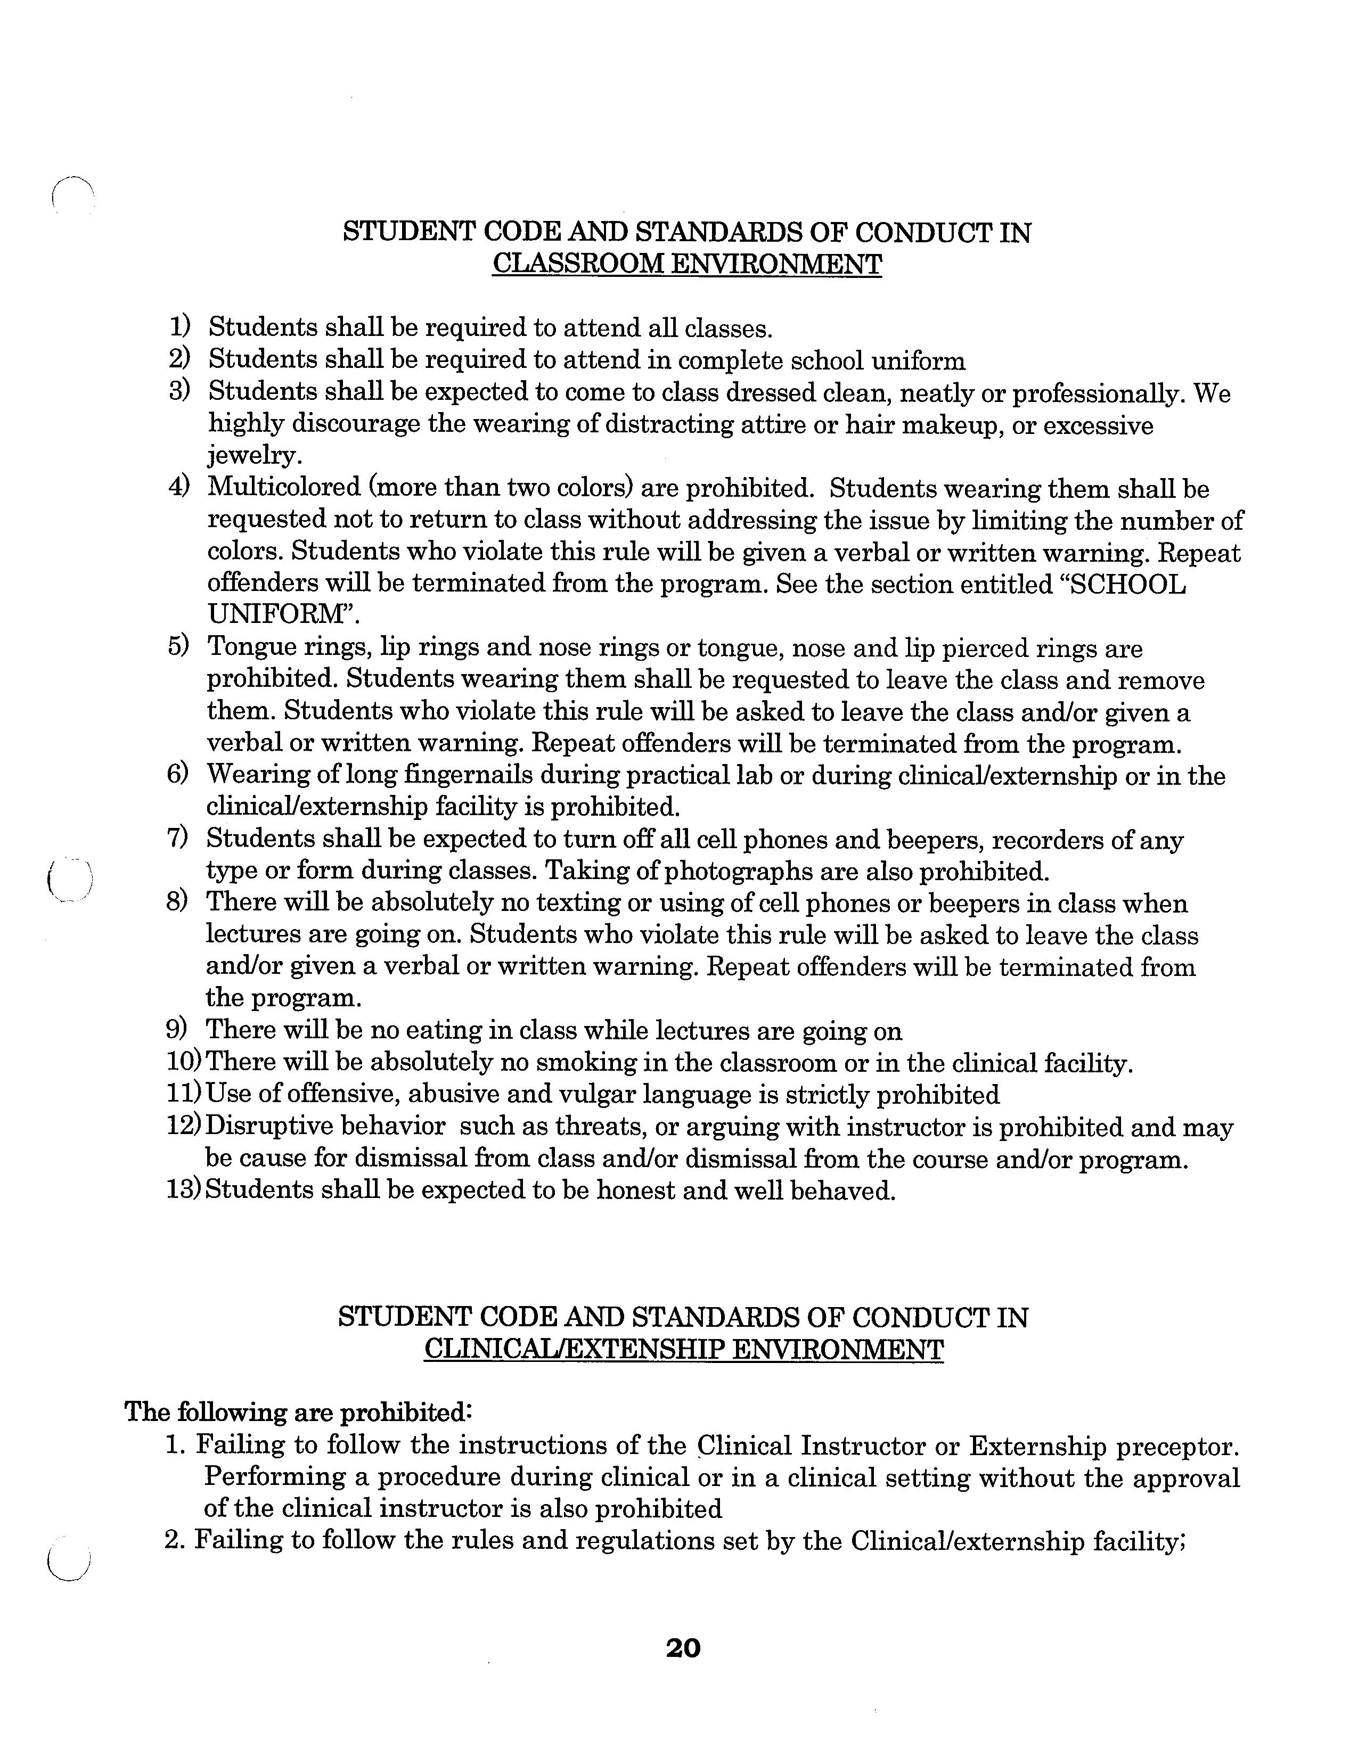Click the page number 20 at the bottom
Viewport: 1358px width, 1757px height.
(x=683, y=1648)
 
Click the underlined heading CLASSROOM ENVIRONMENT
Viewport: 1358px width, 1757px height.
(x=686, y=265)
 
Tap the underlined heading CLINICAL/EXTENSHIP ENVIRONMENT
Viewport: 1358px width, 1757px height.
(x=683, y=1349)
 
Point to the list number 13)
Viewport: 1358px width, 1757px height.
(x=183, y=1189)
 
